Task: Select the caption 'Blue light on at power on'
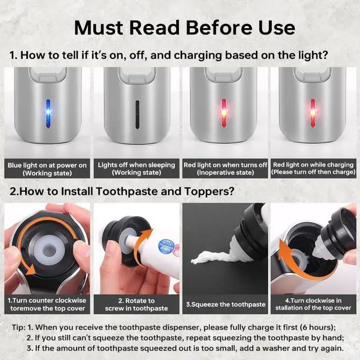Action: click(x=47, y=165)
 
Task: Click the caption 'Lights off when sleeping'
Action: click(x=136, y=165)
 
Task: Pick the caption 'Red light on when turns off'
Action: click(x=225, y=165)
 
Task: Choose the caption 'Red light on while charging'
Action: click(x=313, y=165)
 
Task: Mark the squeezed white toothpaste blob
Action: click(x=211, y=259)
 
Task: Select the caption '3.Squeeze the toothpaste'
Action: click(x=225, y=304)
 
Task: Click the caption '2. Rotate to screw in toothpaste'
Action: click(x=136, y=304)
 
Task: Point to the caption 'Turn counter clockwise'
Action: click(x=47, y=300)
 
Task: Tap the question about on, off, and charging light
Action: click(x=169, y=56)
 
